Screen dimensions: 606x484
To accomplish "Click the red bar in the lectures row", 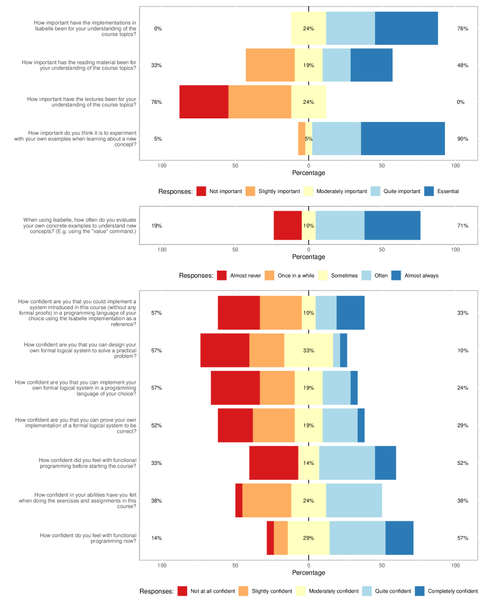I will (x=204, y=101).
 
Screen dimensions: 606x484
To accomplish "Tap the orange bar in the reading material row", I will (x=270, y=65).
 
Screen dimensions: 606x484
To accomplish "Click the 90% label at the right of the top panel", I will (x=462, y=139).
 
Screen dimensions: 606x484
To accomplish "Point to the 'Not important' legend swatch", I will (x=202, y=191).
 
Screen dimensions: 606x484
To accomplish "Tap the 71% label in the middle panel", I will (x=462, y=226).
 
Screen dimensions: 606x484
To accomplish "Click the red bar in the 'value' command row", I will (x=287, y=226).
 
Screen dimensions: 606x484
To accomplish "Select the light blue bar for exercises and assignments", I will (x=354, y=500).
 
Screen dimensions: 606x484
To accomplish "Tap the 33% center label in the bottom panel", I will (x=308, y=351).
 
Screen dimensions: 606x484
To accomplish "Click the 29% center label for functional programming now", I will (x=308, y=538).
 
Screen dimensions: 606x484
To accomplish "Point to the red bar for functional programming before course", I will (x=273, y=463).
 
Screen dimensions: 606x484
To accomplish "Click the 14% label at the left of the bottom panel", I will (x=156, y=538).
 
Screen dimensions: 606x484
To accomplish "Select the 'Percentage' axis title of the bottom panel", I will (x=308, y=573).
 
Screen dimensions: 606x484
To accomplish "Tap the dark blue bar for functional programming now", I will (x=399, y=538).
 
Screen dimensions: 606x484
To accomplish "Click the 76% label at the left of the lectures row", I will (x=156, y=102).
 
